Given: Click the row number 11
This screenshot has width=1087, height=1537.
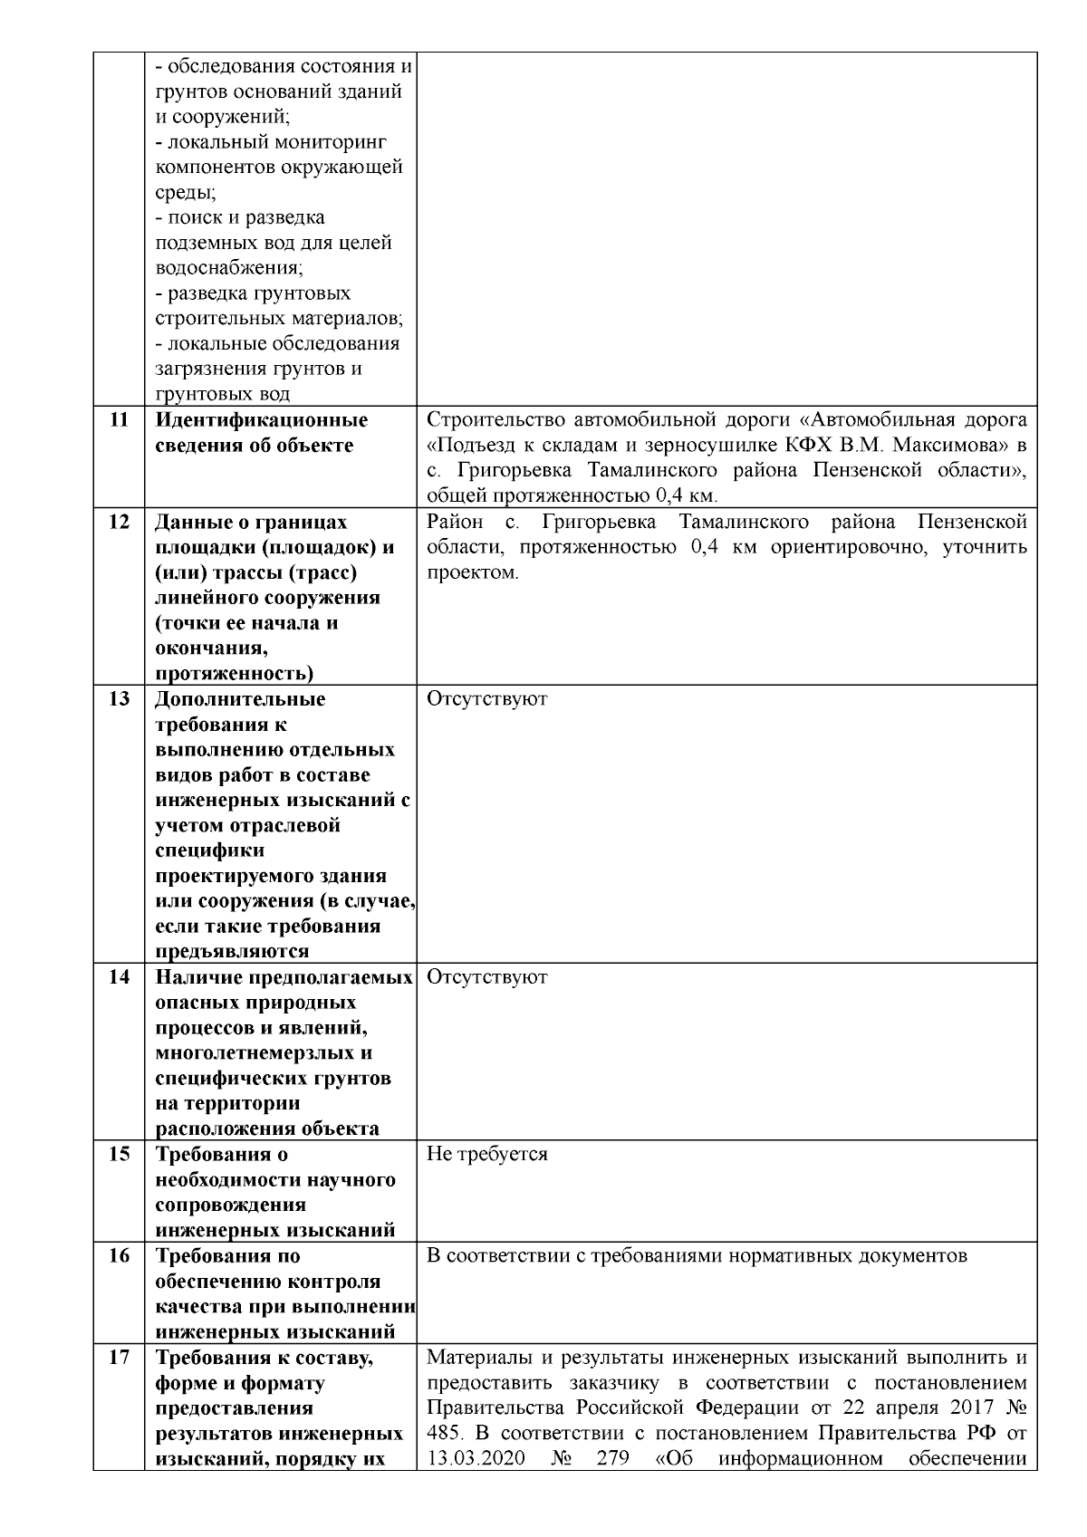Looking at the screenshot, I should (119, 420).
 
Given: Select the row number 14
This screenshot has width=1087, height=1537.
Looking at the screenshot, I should (119, 977).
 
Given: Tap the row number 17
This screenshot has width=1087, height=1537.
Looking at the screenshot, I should (119, 1358).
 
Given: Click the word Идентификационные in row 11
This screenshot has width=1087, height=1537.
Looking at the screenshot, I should (262, 420).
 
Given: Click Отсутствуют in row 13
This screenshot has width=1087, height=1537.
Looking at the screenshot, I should (486, 699).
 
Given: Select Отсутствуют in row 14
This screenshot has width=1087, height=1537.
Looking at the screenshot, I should (486, 977).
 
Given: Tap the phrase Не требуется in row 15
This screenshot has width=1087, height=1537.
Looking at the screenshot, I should (486, 1155).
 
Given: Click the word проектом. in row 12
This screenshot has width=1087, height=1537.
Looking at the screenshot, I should (472, 573).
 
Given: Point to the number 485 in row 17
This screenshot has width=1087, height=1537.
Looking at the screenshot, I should (442, 1434).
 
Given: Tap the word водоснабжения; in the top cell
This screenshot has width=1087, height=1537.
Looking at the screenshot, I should (229, 269).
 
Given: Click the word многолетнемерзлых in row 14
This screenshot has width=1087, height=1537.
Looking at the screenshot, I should (264, 1053).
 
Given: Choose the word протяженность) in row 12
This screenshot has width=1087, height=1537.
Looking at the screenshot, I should (235, 673).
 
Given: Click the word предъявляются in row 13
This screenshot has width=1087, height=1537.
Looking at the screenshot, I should (232, 952).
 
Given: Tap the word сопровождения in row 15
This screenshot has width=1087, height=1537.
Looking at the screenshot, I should (231, 1206).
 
